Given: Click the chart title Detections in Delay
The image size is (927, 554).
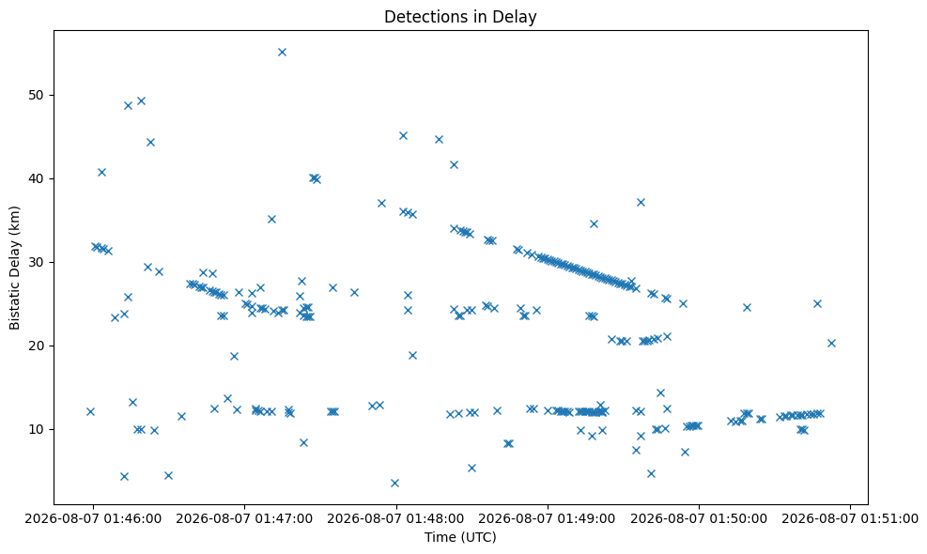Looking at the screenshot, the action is click(x=460, y=17).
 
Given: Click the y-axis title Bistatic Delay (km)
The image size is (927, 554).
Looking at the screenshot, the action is click(x=14, y=268).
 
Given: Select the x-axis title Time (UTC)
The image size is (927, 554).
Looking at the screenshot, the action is click(x=460, y=537).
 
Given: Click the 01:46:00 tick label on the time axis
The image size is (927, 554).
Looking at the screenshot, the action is click(x=93, y=518).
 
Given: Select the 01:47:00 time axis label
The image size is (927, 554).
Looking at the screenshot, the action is click(x=244, y=518).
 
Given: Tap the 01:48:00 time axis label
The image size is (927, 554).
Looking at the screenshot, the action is click(x=395, y=518).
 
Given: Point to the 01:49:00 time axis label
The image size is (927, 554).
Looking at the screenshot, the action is click(x=548, y=518).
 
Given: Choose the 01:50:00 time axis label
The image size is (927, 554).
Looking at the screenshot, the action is click(x=699, y=518).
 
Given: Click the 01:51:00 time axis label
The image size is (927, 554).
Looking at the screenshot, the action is click(x=850, y=518).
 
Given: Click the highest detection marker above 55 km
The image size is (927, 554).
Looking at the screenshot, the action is click(x=282, y=52).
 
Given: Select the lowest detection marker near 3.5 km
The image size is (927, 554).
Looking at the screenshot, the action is click(x=394, y=483).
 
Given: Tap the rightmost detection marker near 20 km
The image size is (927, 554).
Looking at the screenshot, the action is click(x=831, y=343).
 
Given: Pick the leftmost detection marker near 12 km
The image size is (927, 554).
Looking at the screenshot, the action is click(x=90, y=411).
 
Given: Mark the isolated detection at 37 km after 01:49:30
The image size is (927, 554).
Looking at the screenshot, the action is click(x=641, y=202).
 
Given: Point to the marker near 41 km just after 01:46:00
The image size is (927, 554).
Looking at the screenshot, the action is click(x=101, y=172).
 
